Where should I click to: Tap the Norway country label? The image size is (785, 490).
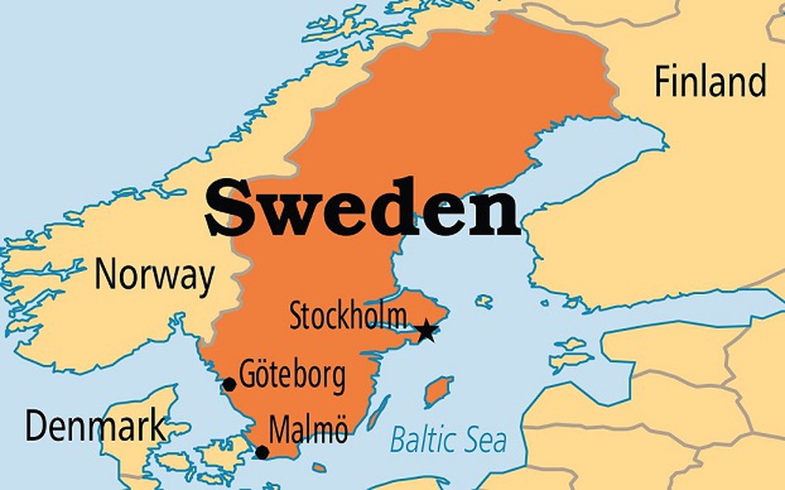pos(154,275)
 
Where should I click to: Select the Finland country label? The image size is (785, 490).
pos(710,82)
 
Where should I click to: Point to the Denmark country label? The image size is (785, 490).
pos(95,426)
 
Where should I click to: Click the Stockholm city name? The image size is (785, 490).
pos(348,316)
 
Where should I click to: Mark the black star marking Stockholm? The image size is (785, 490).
pos(426,330)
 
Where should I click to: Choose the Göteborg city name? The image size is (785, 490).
pos(292,375)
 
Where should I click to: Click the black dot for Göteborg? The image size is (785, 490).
pos(229,384)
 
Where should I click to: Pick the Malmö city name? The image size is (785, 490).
pos(308,431)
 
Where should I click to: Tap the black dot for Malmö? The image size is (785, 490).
pos(262,452)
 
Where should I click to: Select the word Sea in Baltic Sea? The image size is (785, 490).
pos(485,439)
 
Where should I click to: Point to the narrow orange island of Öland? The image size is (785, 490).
pos(379,412)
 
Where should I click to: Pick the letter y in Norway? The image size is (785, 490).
pos(205,279)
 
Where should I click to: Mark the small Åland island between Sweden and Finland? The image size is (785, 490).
pos(483,302)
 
